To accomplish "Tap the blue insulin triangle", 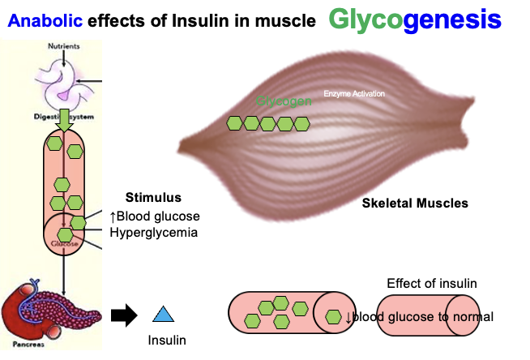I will pos(164,315).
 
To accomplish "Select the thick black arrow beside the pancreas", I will pos(123,315).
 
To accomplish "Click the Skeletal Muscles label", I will pos(414,203).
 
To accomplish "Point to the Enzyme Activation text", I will pos(354,94).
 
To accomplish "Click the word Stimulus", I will pos(153,197).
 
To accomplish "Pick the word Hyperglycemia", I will pos(153,233).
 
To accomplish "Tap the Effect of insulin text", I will pos(431,283).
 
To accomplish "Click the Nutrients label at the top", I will pos(64,46).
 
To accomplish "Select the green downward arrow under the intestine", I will pos(64,118).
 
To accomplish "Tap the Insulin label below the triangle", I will pos(166,340).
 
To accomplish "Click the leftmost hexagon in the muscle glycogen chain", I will pos(233,123).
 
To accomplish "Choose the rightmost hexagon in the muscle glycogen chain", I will pos(301,123).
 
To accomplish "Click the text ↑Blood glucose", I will pos(154,216).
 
